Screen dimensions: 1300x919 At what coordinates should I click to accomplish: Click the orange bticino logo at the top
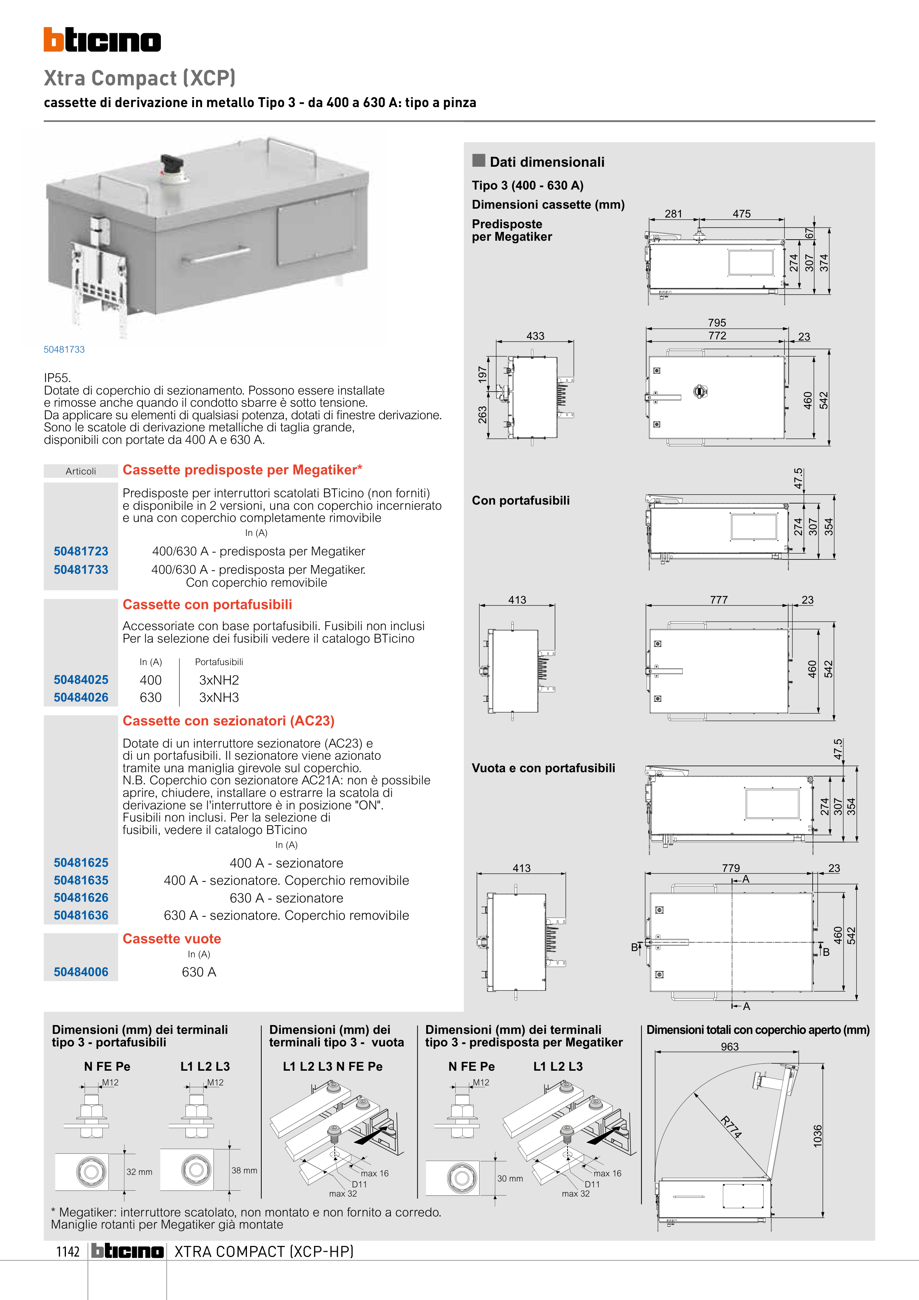click(x=102, y=40)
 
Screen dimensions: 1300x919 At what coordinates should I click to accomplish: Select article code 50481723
click(x=81, y=551)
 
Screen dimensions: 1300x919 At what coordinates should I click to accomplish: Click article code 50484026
click(x=81, y=697)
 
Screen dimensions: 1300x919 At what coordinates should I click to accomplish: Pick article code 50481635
click(x=81, y=880)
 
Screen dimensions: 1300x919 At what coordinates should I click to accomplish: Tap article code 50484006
click(x=81, y=972)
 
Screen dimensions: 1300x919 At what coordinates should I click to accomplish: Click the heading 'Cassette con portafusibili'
click(x=207, y=605)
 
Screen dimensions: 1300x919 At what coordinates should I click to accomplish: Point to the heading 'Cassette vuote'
click(x=172, y=939)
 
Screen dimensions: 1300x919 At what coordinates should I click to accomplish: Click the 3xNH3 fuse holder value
click(x=219, y=697)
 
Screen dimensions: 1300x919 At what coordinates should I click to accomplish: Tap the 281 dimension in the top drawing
click(x=673, y=214)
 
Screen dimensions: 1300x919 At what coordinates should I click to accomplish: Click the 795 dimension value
click(x=717, y=323)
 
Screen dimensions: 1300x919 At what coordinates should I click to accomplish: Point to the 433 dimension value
click(x=535, y=336)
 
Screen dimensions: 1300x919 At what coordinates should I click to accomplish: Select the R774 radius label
click(x=731, y=1127)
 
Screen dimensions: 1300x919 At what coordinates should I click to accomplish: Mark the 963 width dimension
click(x=730, y=1047)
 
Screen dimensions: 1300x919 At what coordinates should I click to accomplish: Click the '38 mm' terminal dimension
click(x=244, y=1170)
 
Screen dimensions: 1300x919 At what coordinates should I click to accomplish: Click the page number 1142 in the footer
click(x=68, y=1251)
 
